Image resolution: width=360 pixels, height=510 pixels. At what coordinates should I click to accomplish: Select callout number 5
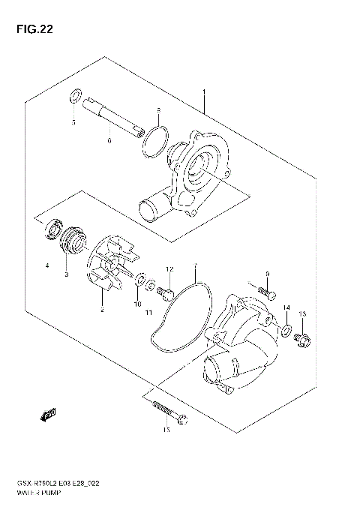click(x=73, y=121)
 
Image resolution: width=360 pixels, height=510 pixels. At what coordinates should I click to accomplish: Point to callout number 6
click(x=109, y=140)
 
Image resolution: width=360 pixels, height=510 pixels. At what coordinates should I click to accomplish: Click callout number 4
click(x=46, y=265)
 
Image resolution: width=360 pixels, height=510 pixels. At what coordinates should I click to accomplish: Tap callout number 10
click(x=137, y=304)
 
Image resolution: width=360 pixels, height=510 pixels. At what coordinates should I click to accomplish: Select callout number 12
click(x=169, y=268)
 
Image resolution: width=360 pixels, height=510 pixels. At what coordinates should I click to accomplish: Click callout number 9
click(x=267, y=273)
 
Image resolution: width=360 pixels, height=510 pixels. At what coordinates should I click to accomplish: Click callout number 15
click(x=166, y=430)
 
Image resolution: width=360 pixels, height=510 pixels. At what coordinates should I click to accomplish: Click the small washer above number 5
click(x=75, y=97)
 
